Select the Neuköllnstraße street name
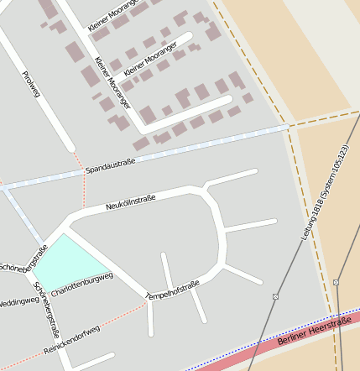click(x=131, y=202)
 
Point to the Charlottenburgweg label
click(x=81, y=285)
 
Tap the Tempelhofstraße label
click(x=173, y=290)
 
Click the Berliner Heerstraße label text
click(x=312, y=332)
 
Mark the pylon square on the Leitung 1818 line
click(x=275, y=296)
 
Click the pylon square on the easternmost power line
click(x=336, y=282)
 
